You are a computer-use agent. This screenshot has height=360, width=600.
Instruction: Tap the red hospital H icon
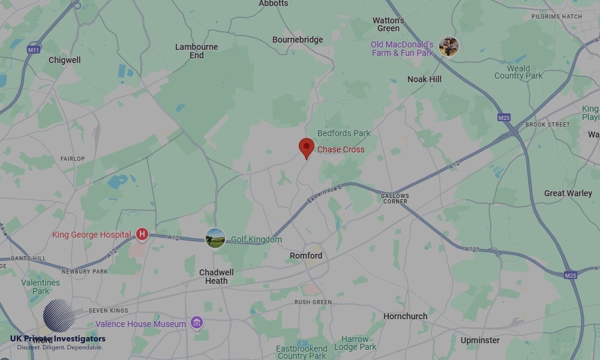coord(142,234)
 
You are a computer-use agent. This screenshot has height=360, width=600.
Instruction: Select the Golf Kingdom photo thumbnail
coord(215,238)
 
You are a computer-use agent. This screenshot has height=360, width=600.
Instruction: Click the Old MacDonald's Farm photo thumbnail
coord(448,47)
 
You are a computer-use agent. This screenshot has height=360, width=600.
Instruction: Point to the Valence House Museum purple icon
coord(196,323)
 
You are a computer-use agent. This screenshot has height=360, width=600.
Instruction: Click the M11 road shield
coord(34,50)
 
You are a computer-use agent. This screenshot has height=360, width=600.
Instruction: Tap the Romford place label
coord(306,256)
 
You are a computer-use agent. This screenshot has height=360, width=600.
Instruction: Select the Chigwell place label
coord(64,60)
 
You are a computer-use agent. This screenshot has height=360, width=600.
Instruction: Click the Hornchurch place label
coord(406,316)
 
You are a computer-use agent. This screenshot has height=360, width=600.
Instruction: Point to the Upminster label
coord(480,340)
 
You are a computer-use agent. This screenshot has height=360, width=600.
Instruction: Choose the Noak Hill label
coord(424,79)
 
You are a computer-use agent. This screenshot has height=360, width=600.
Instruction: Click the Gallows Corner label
coord(395,199)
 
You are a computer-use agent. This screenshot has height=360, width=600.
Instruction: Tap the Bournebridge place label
coord(298,40)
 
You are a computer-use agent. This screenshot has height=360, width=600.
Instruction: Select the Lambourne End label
coord(197,51)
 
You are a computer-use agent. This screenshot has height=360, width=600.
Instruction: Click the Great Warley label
coord(568,193)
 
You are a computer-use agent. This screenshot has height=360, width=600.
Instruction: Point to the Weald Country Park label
coord(518,72)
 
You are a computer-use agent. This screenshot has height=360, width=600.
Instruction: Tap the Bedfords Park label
coord(344,133)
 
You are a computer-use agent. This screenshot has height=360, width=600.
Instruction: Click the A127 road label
coord(473,248)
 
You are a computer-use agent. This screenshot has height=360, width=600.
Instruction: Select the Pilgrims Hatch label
coord(556,16)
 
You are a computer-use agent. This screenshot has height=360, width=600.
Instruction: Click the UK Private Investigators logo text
coord(58,339)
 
